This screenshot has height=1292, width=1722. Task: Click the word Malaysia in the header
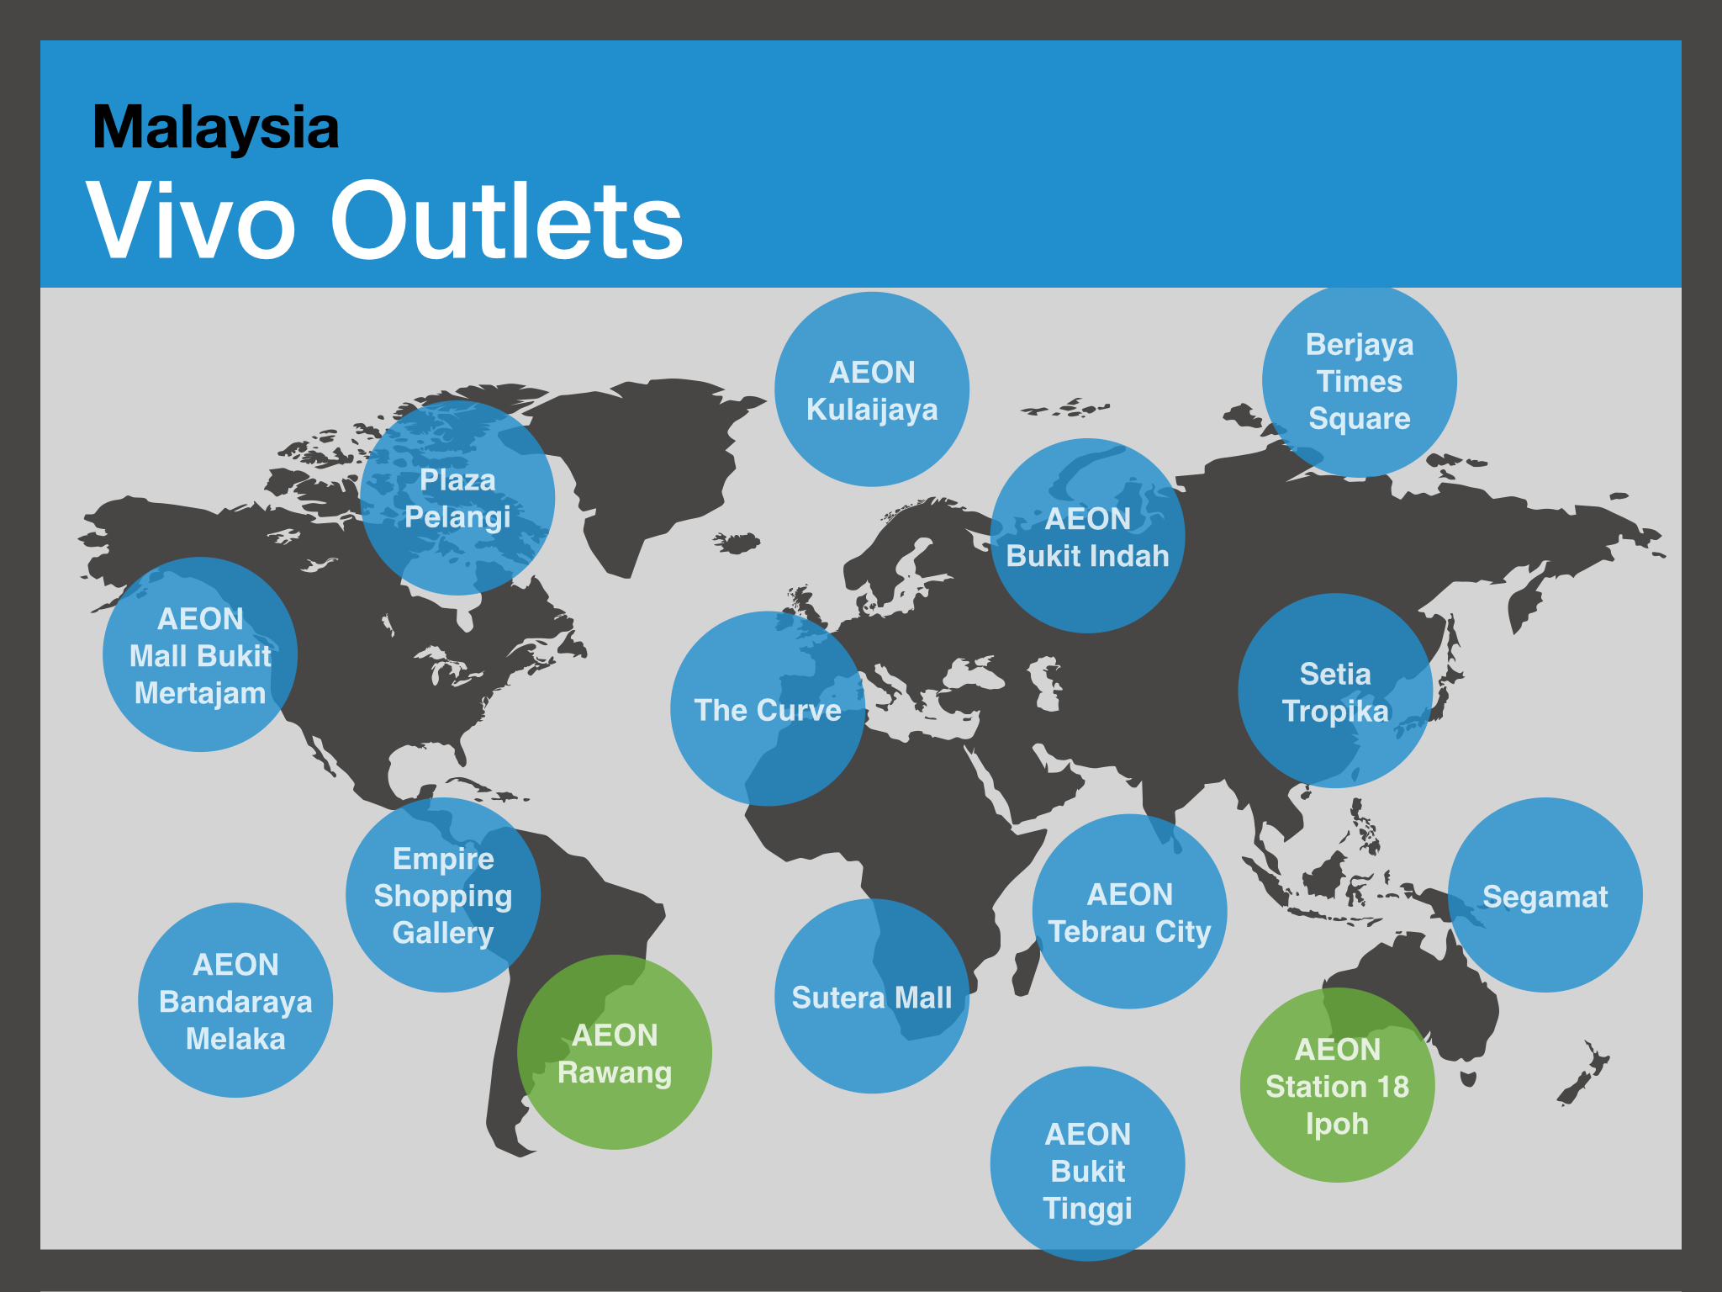click(x=215, y=128)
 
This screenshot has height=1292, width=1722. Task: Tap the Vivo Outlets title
click(x=384, y=220)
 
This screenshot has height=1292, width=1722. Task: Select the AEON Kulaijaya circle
click(x=872, y=389)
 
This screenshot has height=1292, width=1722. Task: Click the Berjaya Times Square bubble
click(x=1360, y=380)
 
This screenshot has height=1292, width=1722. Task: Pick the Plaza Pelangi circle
click(x=457, y=498)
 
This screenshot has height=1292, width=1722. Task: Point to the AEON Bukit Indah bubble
click(x=1088, y=536)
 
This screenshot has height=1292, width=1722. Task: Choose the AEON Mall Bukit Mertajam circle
click(x=200, y=654)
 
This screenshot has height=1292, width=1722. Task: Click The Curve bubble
click(x=768, y=708)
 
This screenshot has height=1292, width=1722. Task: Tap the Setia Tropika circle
click(x=1335, y=691)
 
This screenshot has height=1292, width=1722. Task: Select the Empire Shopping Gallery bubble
click(x=443, y=895)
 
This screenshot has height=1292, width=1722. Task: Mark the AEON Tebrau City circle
click(x=1130, y=912)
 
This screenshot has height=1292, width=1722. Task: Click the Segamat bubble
click(x=1545, y=895)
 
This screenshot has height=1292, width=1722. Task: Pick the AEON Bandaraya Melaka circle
click(x=235, y=1000)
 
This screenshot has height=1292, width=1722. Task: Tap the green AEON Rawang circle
click(x=615, y=1052)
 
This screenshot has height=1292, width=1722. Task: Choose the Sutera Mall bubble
click(x=872, y=996)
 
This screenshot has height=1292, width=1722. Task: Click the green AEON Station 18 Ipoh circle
click(x=1338, y=1085)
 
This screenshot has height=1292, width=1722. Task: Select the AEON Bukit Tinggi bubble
click(x=1088, y=1164)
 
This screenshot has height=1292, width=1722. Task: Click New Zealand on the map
click(x=1584, y=1072)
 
